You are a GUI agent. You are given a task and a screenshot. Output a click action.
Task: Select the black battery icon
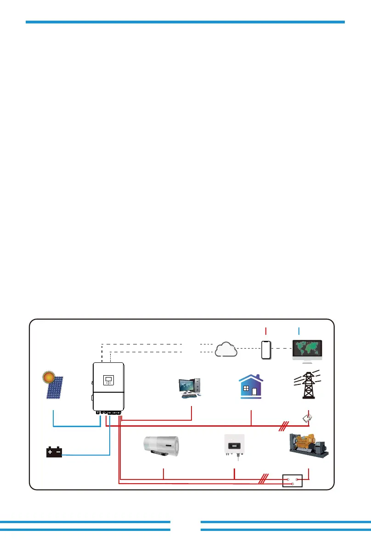pos(54,452)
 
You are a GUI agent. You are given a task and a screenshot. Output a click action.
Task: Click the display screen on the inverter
pos(108,380)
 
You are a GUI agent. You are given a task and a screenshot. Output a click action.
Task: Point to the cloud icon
pos(226,350)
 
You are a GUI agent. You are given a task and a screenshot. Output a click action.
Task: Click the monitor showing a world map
pos(308,350)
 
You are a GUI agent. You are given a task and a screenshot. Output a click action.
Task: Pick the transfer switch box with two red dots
pos(292,481)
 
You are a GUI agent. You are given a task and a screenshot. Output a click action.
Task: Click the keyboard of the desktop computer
pos(188,395)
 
